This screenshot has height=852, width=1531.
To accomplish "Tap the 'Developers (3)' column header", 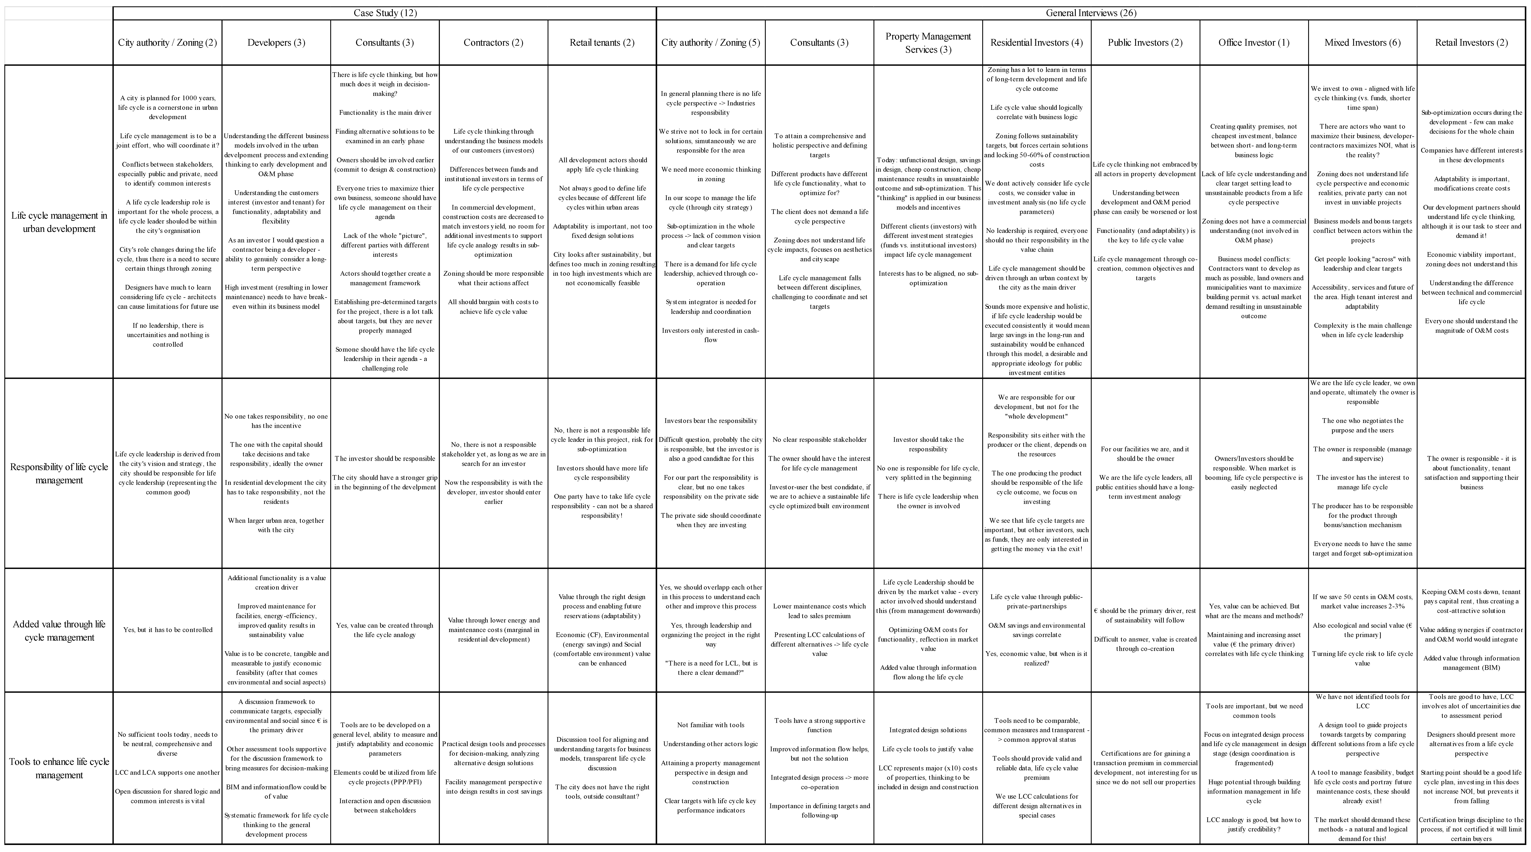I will (276, 42).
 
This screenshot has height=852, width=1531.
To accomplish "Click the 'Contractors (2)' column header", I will (493, 42).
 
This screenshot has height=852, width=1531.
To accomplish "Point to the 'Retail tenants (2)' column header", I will (602, 42).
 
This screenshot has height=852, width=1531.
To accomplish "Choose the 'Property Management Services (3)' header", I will (928, 42).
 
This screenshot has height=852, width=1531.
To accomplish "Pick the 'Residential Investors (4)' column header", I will (1036, 42).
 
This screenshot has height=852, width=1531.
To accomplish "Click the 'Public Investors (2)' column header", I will (1145, 42).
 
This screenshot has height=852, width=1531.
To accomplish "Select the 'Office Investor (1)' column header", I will (1254, 42).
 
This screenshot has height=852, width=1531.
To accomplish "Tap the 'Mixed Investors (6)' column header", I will (1363, 42).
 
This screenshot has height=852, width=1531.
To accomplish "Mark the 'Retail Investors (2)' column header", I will (1472, 42).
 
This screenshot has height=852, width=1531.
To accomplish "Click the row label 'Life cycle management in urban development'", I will (59, 222).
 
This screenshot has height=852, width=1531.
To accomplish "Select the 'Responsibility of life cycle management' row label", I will (59, 473).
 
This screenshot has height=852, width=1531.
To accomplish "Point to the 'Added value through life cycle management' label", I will (59, 630).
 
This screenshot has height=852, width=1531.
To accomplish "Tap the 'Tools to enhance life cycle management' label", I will (59, 768).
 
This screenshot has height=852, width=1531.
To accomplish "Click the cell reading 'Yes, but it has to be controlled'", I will (168, 630).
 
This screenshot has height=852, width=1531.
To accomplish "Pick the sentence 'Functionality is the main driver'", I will (385, 112).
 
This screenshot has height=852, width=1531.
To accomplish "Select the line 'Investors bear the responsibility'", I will (711, 421).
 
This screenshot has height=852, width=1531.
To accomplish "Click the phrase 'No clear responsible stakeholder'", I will (820, 440).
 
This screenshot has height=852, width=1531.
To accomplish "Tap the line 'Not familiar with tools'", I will (711, 725).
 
